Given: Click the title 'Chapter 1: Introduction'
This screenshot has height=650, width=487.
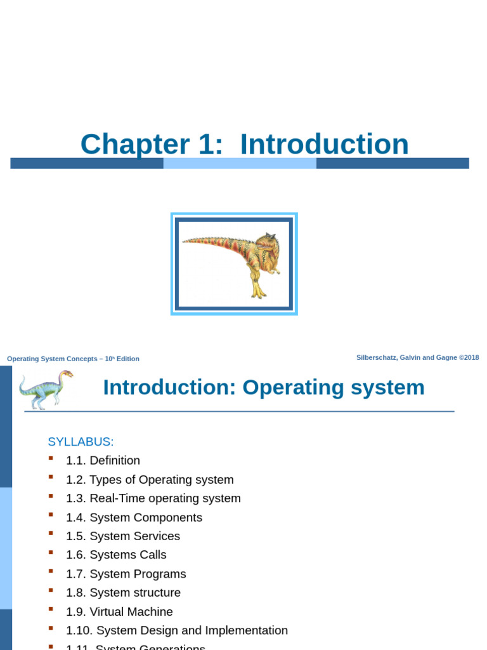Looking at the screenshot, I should click(244, 144).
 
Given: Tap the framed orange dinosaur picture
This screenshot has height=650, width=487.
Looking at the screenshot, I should click(234, 264).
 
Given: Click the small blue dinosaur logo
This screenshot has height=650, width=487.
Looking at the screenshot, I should click(46, 389).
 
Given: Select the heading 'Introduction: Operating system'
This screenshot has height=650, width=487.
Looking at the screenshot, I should click(264, 387).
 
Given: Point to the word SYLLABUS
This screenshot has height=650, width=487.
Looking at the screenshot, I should click(81, 442).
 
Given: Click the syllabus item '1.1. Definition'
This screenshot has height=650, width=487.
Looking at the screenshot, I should click(103, 461).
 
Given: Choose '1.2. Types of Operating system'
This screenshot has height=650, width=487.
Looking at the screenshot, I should click(150, 480).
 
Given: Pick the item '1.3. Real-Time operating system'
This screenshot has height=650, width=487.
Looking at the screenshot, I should click(153, 498).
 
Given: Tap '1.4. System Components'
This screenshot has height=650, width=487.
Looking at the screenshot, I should click(134, 517).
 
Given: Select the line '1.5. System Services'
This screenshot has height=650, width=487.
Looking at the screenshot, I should click(123, 536).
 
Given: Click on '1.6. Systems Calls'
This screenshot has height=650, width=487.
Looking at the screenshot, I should click(116, 555).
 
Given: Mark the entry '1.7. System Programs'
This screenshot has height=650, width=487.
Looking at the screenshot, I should click(126, 574).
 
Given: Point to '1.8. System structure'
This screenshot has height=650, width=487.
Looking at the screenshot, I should click(123, 593).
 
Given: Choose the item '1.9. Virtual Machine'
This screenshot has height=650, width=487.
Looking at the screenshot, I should click(119, 612).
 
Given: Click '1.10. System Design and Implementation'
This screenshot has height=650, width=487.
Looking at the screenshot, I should click(177, 630).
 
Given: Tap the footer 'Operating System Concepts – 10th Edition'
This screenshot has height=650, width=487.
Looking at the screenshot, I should click(73, 359).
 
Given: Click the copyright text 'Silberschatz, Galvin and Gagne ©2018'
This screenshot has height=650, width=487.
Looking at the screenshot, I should click(417, 357).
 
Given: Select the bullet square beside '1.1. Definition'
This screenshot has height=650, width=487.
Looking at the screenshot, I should click(51, 458).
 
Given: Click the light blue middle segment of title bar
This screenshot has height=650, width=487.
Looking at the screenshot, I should click(240, 163).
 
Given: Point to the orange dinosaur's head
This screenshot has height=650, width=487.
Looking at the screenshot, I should click(268, 242).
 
